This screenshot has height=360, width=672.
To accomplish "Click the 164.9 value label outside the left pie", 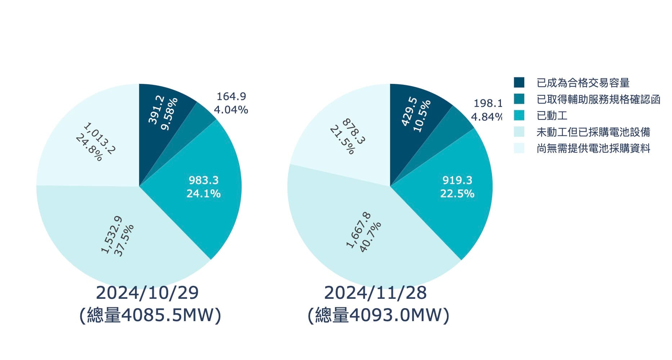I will [231, 96].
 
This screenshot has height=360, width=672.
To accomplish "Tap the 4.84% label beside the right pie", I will [486, 117].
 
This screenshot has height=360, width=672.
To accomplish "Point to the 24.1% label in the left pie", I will [203, 194].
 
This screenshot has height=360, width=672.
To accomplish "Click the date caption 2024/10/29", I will [147, 293].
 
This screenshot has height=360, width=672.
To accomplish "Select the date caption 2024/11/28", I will [375, 293].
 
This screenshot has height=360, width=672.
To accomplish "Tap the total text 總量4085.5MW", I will [150, 315].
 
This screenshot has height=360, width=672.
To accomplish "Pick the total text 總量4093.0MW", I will [378, 315].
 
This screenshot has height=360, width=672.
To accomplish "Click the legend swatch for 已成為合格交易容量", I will [519, 82].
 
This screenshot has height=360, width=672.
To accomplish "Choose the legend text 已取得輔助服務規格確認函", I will [598, 99].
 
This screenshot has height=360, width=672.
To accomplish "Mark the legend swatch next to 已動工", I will [519, 116].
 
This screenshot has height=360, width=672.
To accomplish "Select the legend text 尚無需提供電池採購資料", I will [593, 148].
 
